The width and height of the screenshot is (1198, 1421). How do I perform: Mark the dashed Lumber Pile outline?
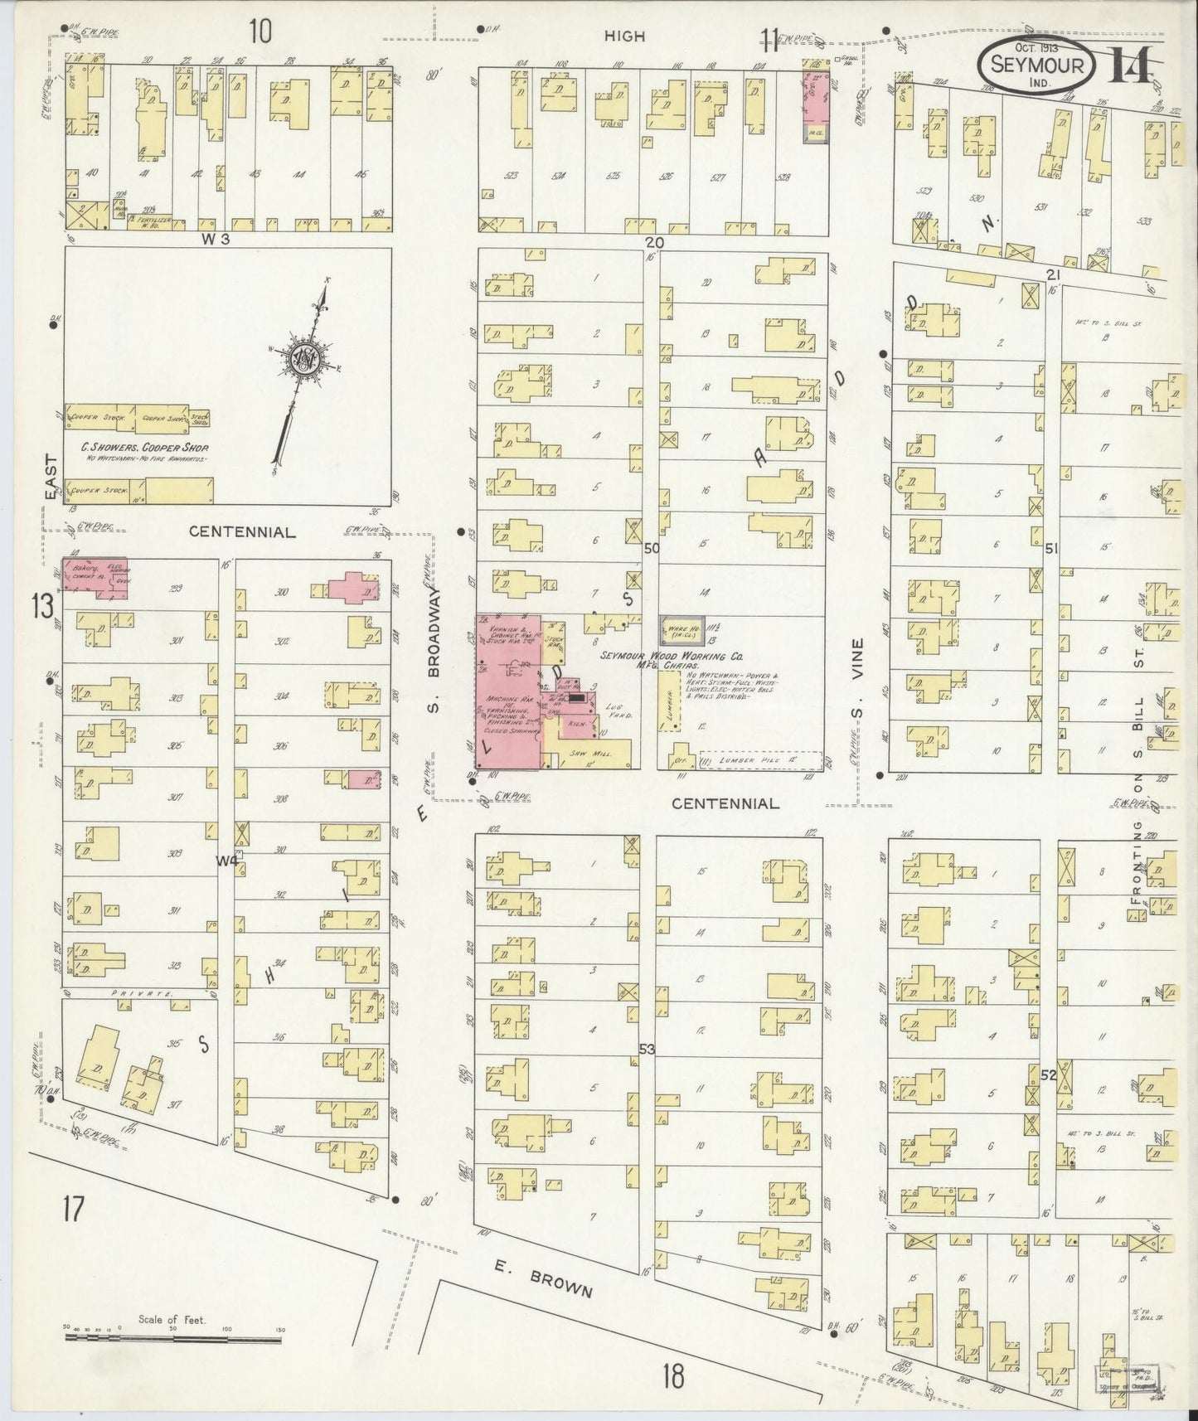point(760,760)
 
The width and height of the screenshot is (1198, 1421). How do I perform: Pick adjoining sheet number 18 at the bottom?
point(673,1376)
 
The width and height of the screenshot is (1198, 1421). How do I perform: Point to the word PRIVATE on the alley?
point(153,992)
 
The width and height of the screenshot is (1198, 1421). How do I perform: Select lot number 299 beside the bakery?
point(174,589)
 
